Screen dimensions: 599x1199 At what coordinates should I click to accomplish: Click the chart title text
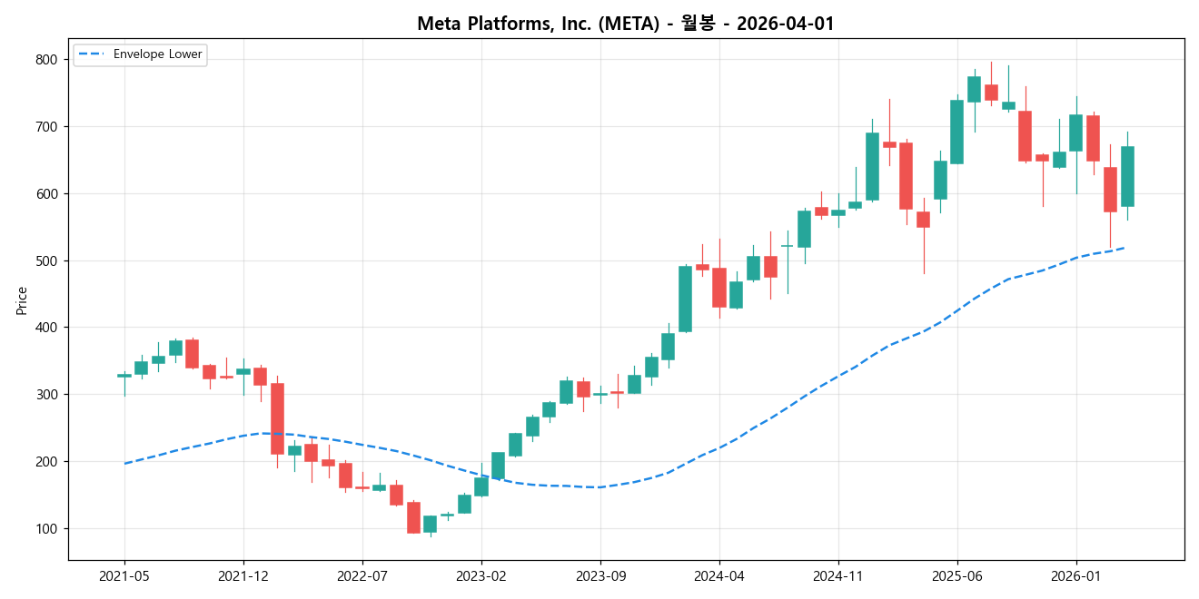[625, 24]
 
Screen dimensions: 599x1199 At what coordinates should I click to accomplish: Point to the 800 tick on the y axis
[47, 60]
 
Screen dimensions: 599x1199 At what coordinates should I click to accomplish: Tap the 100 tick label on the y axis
[47, 529]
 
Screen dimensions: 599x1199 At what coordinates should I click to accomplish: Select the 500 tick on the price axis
[47, 261]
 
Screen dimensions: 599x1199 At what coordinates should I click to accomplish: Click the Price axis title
[22, 300]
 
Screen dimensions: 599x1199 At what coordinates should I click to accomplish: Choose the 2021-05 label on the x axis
[124, 575]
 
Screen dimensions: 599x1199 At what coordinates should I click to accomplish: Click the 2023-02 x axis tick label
[481, 575]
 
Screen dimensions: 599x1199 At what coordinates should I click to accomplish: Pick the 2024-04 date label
[719, 575]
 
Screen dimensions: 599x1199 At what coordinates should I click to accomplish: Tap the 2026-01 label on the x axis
[1076, 575]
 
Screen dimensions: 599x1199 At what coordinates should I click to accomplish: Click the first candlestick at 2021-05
[124, 375]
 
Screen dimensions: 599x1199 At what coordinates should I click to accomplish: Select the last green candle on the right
[1127, 176]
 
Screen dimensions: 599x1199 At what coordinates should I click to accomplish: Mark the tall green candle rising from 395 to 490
[685, 299]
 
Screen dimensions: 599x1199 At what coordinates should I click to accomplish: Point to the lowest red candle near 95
[413, 517]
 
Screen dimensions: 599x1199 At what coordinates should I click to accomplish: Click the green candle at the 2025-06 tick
[956, 132]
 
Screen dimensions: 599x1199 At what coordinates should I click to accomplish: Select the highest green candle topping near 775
[974, 89]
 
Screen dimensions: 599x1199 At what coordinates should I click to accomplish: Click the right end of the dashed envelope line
[1126, 248]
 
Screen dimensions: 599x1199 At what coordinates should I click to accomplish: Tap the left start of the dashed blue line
[125, 463]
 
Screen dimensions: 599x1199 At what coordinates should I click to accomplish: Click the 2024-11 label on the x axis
[838, 575]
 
